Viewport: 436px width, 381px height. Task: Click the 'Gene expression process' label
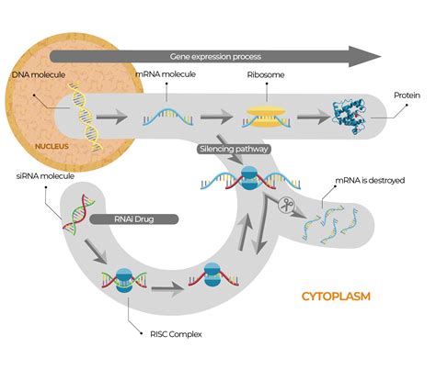[213, 56]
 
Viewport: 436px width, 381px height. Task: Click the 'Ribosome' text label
[264, 73]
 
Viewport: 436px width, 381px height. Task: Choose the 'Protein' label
[407, 95]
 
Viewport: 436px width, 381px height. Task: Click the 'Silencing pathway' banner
[227, 147]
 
